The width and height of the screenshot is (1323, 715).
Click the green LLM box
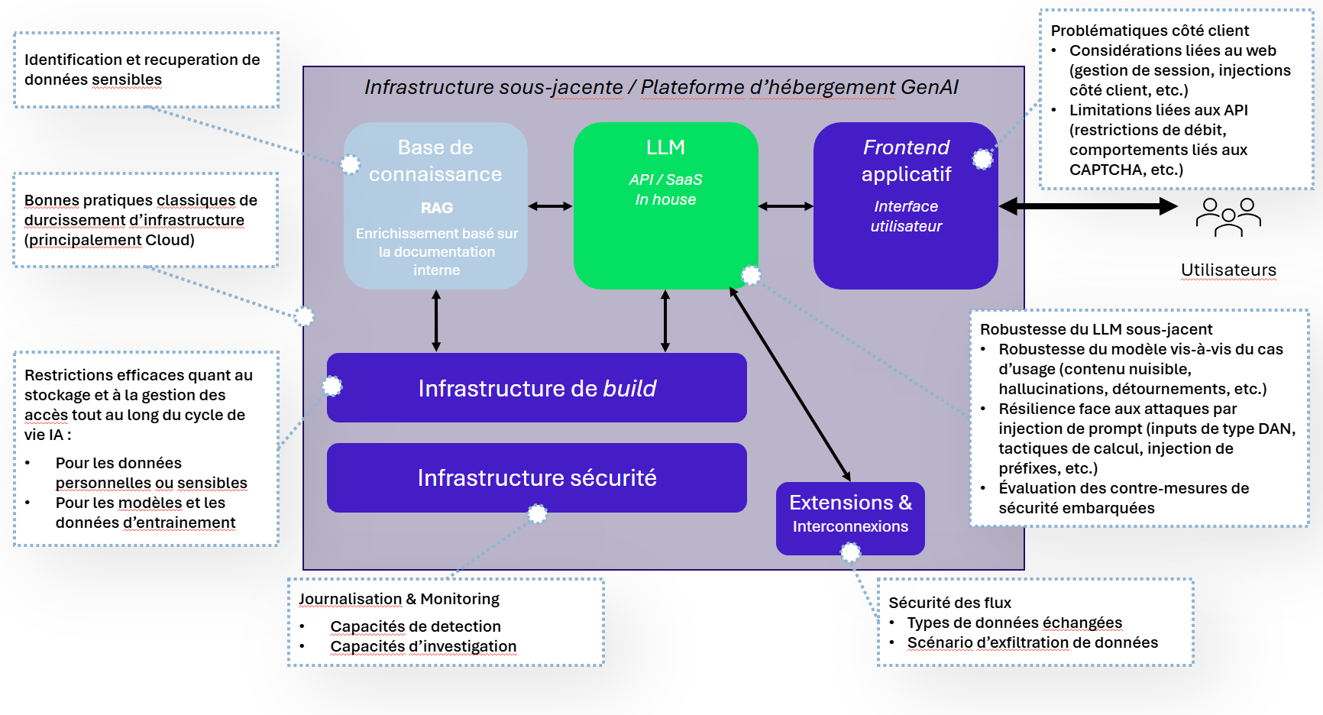coord(665,205)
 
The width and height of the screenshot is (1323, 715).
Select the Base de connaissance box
coord(435,205)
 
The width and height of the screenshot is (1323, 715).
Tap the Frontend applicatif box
coord(906,205)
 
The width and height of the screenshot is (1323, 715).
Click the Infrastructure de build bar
coord(537,387)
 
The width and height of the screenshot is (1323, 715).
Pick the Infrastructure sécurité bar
coord(537,477)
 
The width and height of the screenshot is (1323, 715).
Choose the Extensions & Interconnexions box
coord(850,518)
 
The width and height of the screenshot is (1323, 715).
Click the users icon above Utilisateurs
coord(1228,217)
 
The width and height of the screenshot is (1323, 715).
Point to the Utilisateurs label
coord(1228,270)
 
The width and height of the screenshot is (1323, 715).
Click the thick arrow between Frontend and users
coord(1088,205)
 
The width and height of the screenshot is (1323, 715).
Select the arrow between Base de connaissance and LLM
coord(550,205)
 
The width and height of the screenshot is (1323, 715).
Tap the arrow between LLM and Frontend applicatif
coord(786,205)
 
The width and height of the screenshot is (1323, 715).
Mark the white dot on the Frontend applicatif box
coord(982,159)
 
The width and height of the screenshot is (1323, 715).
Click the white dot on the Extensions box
coord(850,552)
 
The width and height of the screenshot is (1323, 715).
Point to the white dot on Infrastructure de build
coord(332,387)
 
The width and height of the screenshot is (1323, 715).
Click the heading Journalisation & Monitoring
coord(399,599)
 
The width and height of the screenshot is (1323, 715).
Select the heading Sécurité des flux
coord(949,603)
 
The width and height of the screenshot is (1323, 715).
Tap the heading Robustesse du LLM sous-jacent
coord(1096,329)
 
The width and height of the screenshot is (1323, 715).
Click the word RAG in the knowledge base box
coord(437,208)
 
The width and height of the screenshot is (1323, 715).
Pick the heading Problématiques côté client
coord(1150,31)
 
